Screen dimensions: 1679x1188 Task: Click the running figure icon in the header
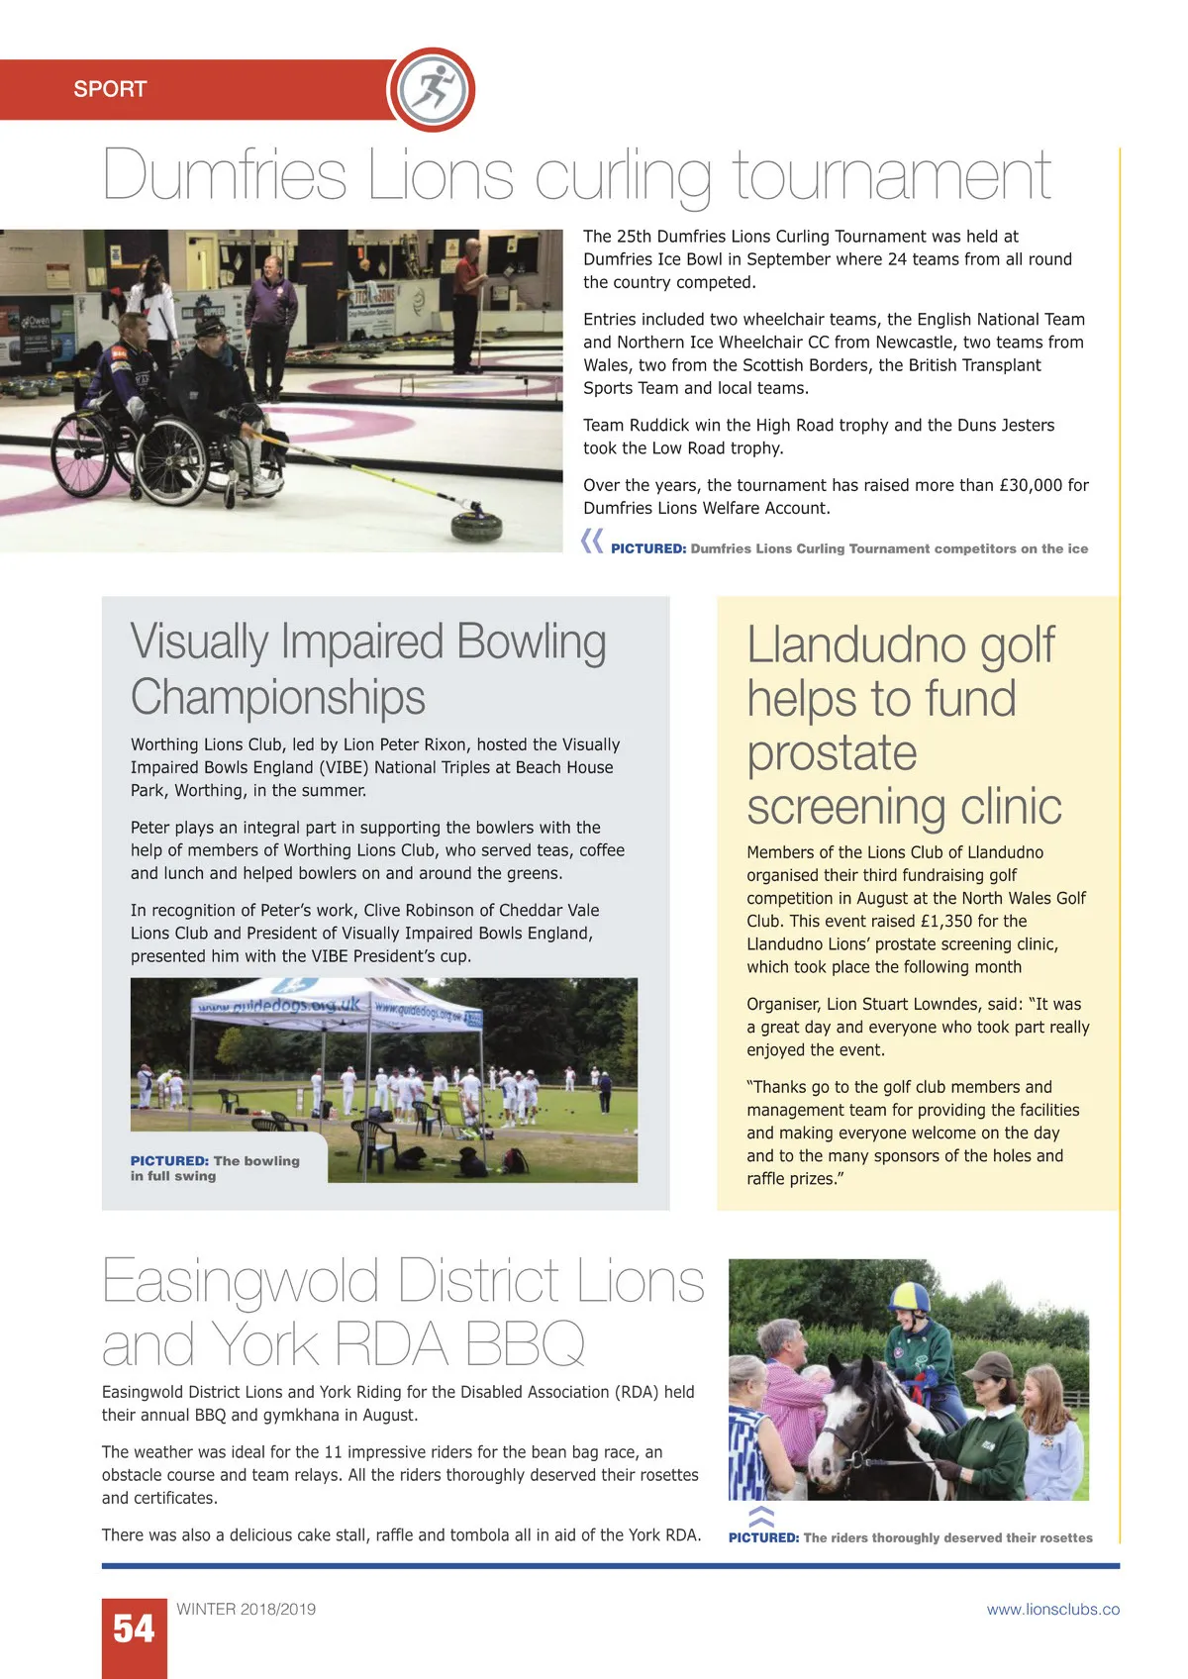(x=432, y=88)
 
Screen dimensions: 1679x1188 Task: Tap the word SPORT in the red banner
(x=110, y=89)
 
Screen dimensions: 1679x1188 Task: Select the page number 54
(x=134, y=1629)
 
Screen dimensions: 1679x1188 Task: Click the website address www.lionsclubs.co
(x=1052, y=1610)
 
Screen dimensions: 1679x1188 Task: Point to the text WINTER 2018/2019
(x=246, y=1610)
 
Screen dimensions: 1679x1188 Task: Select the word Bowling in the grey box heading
(x=531, y=642)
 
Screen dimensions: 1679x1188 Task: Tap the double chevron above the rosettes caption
(x=760, y=1516)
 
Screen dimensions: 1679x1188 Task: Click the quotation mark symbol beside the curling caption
(x=592, y=541)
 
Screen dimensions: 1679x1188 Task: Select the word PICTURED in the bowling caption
(x=168, y=1161)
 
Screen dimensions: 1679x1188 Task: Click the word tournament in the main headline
(x=891, y=176)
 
